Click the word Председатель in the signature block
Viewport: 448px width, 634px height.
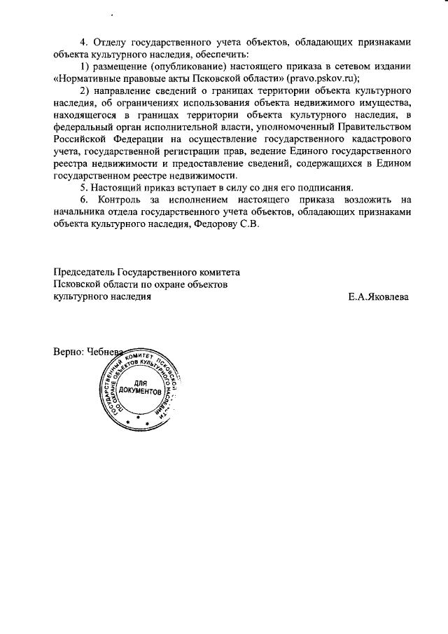tap(84, 273)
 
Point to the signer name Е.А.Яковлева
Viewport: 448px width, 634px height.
tap(379, 297)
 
